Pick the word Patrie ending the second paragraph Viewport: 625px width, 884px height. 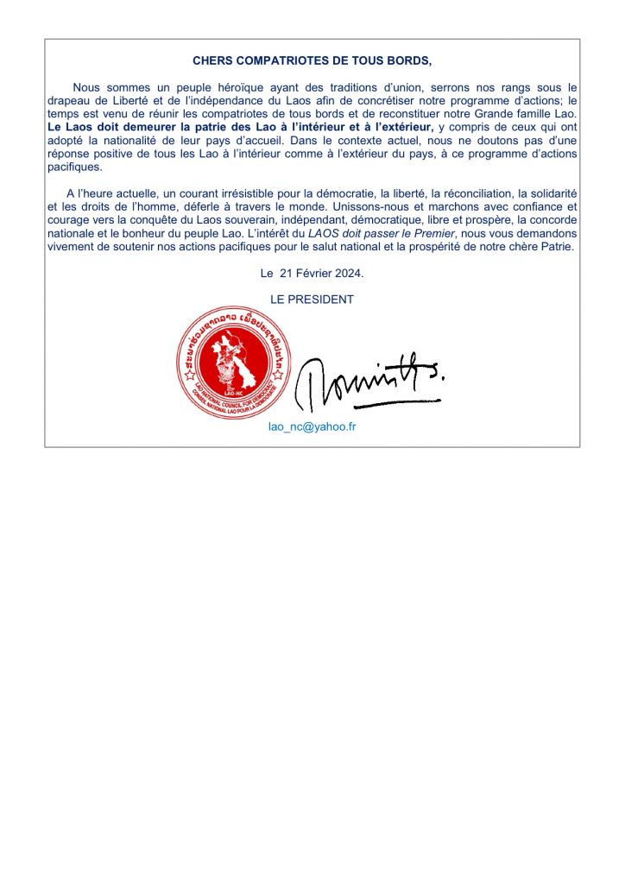(554, 247)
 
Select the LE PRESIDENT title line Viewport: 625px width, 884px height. (312, 300)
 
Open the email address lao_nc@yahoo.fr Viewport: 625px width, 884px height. (312, 427)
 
